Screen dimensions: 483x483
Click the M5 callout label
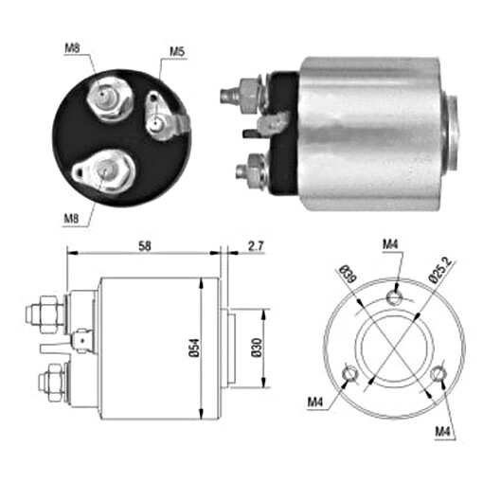pyautogui.click(x=177, y=50)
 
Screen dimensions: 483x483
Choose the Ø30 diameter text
pyautogui.click(x=257, y=347)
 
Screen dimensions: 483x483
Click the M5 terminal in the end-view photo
pyautogui.click(x=164, y=120)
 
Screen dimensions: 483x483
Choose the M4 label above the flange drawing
pyautogui.click(x=391, y=243)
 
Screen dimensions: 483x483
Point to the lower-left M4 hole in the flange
pyautogui.click(x=351, y=373)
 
